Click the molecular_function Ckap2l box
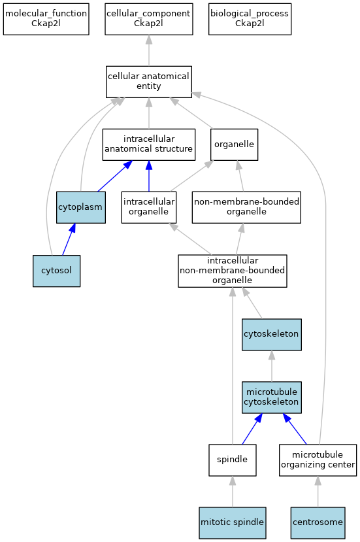pyautogui.click(x=46, y=19)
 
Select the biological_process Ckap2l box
pyautogui.click(x=250, y=19)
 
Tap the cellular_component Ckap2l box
pyautogui.click(x=149, y=19)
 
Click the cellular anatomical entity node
pyautogui.click(x=149, y=82)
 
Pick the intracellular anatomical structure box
pyautogui.click(x=149, y=144)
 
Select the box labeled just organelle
pyautogui.click(x=235, y=144)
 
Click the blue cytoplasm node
pyautogui.click(x=81, y=207)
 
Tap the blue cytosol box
pyautogui.click(x=57, y=271)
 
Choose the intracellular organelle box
pyautogui.click(x=149, y=207)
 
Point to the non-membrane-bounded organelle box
pyautogui.click(x=246, y=207)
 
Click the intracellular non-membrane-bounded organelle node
pyautogui.click(x=233, y=271)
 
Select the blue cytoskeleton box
pyautogui.click(x=272, y=335)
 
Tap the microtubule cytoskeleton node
pyautogui.click(x=272, y=397)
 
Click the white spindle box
pyautogui.click(x=233, y=460)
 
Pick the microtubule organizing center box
pyautogui.click(x=318, y=460)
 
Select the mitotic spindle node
pyautogui.click(x=233, y=523)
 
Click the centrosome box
pyautogui.click(x=318, y=523)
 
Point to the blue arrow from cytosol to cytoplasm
pyautogui.click(x=69, y=239)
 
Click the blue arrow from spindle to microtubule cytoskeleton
pyautogui.click(x=252, y=429)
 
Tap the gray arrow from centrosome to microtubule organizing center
pyautogui.click(x=318, y=492)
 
